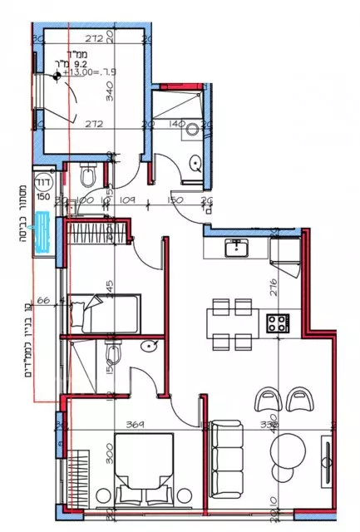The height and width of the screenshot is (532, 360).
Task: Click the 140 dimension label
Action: point(177,123)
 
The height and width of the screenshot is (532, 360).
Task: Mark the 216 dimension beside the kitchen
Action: point(296,291)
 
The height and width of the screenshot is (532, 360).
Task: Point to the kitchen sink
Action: point(236,246)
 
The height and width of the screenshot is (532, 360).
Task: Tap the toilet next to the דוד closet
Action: point(88,177)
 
